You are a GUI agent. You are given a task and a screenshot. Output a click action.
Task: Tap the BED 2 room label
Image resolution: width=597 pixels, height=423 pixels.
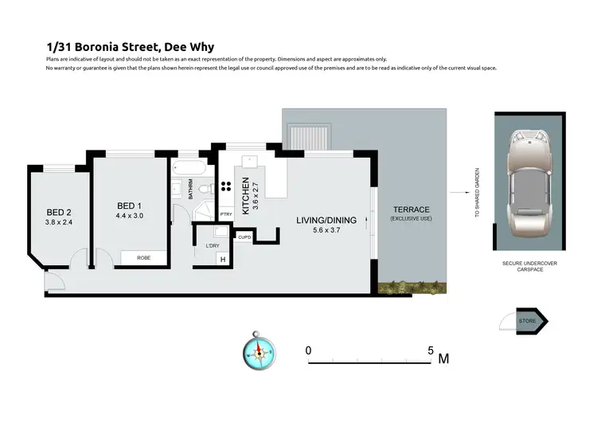point(58,212)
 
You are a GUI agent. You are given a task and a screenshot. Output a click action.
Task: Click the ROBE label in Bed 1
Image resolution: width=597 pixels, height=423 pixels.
point(143,257)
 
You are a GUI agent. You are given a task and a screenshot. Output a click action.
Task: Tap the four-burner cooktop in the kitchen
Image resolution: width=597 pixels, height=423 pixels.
point(225,188)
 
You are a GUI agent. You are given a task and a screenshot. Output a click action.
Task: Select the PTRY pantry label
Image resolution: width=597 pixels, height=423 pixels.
point(226,213)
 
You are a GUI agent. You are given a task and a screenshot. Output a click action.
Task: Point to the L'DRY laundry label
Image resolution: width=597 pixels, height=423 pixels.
point(212,245)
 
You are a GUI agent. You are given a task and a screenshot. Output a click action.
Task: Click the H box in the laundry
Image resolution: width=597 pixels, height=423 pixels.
point(223,260)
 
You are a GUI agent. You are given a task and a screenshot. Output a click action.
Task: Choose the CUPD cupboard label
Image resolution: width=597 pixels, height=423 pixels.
point(244,237)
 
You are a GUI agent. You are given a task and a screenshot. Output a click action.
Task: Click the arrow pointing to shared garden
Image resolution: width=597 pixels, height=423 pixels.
point(457,191)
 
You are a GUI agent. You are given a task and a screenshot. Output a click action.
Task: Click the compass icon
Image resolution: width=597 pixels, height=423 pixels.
point(258,351)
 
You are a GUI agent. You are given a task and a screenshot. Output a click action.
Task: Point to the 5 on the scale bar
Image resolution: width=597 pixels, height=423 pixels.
point(431,350)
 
